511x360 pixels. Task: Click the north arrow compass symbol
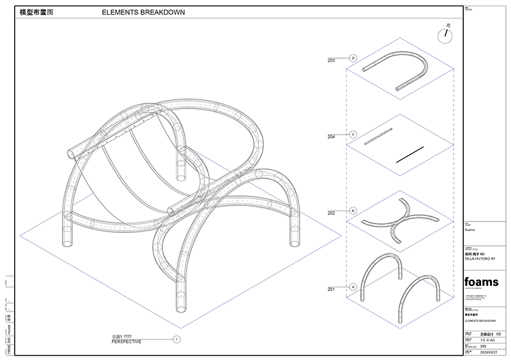[x=444, y=34]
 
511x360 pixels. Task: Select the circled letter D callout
[x=353, y=59]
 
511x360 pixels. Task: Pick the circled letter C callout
[x=353, y=135]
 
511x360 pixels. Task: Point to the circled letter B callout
[x=353, y=211]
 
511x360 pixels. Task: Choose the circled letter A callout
[x=353, y=287]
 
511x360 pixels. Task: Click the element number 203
[x=331, y=61]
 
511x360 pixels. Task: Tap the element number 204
[x=331, y=137]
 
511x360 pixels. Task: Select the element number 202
[x=331, y=213]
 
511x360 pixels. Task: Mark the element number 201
[x=331, y=289]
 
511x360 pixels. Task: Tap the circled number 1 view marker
[x=177, y=340]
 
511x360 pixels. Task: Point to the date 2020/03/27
[x=488, y=352]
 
